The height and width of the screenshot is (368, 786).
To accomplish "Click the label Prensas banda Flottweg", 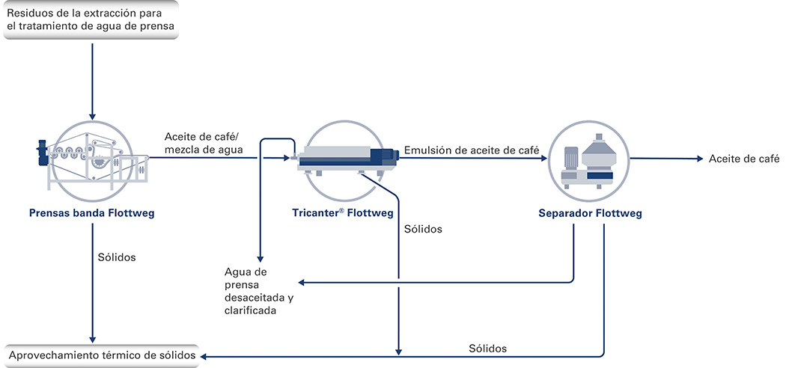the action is [x=92, y=214].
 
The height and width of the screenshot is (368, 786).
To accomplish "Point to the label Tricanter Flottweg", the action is [x=343, y=214].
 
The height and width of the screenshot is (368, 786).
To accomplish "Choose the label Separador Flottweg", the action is [x=590, y=214].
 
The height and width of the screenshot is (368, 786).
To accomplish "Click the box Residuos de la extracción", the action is [x=91, y=19].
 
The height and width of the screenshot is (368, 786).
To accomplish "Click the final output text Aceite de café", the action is [x=744, y=159].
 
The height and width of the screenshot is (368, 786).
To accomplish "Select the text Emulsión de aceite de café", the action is [x=471, y=149].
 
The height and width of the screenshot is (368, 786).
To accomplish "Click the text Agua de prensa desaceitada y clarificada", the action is [x=259, y=292].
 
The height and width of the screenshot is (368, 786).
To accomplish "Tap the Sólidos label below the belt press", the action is [x=118, y=258].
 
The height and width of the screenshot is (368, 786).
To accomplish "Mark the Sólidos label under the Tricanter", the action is [x=423, y=230].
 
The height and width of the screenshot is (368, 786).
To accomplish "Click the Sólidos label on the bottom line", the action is [x=488, y=348].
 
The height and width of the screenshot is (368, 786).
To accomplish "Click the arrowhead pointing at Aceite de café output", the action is [x=701, y=159].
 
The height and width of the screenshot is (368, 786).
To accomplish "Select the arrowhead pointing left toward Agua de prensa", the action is [x=302, y=283].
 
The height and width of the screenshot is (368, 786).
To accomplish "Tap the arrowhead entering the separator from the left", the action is [x=543, y=159].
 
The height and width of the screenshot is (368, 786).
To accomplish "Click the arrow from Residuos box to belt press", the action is [x=92, y=81].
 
